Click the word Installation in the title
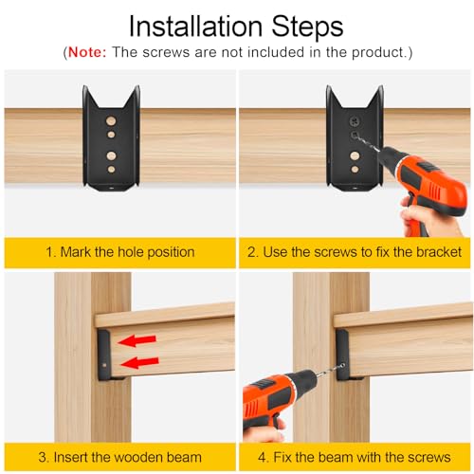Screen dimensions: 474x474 click(x=195, y=27)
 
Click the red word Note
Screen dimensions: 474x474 click(x=87, y=52)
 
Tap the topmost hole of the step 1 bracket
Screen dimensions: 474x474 click(x=111, y=120)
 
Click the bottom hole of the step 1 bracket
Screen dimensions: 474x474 click(x=111, y=169)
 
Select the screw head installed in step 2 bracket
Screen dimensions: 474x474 click(x=354, y=120)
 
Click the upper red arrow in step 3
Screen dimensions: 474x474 click(x=137, y=340)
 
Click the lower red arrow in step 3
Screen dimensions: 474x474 click(x=139, y=362)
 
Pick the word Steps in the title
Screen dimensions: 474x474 click(x=307, y=27)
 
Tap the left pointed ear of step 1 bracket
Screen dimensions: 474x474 click(x=87, y=95)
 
